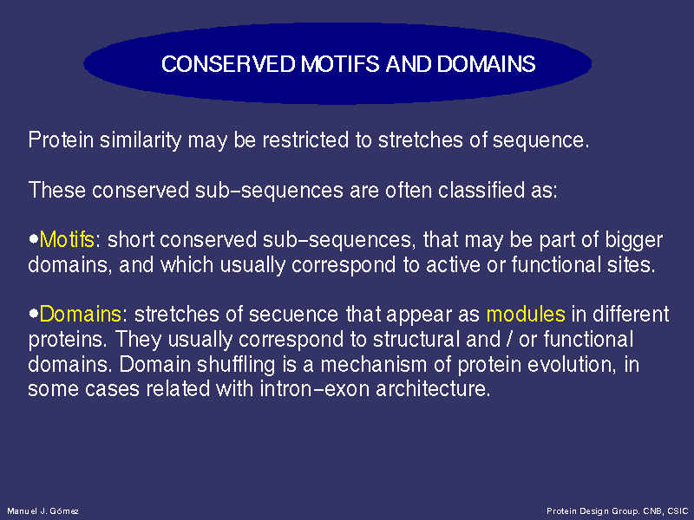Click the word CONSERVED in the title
point(228,64)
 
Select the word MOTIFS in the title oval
point(340,64)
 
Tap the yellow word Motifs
point(67,240)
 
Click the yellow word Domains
point(80,314)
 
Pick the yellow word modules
point(526,314)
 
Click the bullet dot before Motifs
point(34,239)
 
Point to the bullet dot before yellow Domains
point(34,314)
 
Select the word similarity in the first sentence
point(141,140)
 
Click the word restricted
point(305,140)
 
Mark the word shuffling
point(236,365)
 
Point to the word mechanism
point(374,364)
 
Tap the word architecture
point(433,388)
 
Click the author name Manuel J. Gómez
point(43,511)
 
